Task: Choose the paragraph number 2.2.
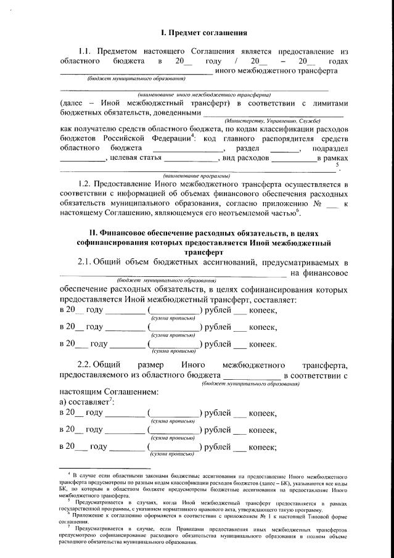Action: pos(88,365)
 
